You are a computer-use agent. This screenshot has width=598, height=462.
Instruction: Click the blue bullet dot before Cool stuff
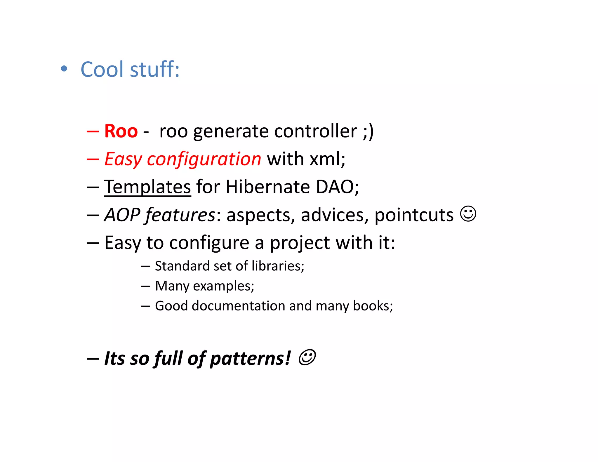tap(64, 69)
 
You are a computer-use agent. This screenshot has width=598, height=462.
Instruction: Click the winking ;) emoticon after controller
tap(368, 131)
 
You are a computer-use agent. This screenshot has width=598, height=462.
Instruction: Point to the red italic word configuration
tap(204, 159)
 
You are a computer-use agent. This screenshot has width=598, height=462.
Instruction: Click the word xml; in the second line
tap(327, 159)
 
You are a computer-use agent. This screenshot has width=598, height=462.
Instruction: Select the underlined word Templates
tap(147, 187)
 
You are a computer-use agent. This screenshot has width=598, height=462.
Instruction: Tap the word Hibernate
tap(267, 187)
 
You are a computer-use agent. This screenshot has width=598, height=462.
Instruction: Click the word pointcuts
tap(414, 215)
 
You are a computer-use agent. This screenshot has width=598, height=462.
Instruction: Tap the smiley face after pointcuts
tap(468, 214)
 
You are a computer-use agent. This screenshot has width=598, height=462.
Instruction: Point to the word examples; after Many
tap(223, 286)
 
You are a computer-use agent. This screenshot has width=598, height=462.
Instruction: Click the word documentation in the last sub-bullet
tap(238, 306)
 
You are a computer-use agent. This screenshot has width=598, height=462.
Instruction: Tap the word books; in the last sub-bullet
tap(373, 306)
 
